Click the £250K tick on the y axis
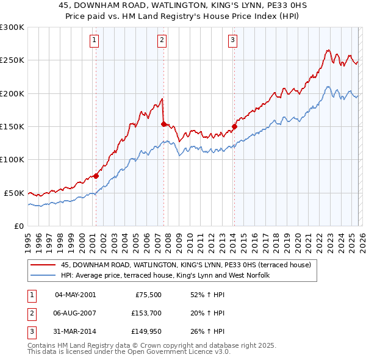point(12,60)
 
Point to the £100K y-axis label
point(12,159)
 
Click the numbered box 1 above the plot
point(95,41)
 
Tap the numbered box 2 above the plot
point(162,41)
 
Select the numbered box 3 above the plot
point(233,41)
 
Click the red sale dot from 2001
point(96,176)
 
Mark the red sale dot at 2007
point(163,124)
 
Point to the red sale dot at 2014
point(234,126)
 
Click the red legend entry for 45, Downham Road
point(186,265)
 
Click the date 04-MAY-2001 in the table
point(75,294)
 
